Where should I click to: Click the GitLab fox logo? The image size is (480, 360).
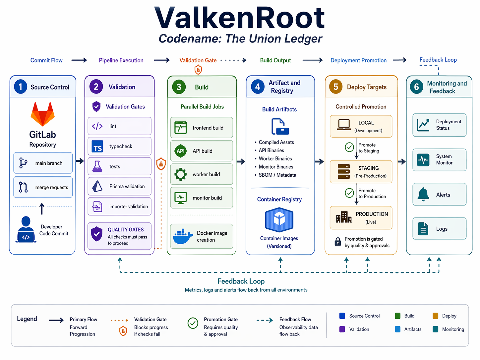pos(42,114)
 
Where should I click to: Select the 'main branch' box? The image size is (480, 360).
pos(43,163)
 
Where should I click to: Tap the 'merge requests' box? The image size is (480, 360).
pos(43,187)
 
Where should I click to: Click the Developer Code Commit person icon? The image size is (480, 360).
pos(26,229)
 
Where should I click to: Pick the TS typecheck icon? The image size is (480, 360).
pos(97,147)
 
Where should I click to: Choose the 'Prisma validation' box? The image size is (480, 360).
pos(119,186)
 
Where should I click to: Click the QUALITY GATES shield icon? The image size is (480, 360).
pos(96,234)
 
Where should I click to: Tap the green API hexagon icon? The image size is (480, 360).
pos(180,151)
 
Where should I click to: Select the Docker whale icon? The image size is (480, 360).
pos(183,236)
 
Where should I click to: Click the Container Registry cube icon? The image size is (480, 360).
pos(279,219)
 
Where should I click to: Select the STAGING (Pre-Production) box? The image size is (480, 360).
pos(361,172)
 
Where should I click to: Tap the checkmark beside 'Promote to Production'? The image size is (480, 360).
pos(349,193)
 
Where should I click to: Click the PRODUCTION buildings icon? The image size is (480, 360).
pos(344,217)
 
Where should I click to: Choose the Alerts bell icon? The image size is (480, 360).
pos(423,194)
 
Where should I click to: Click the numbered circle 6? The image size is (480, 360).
pos(416,87)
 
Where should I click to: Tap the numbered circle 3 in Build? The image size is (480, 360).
pos(179,87)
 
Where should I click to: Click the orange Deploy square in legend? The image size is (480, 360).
pos(435,316)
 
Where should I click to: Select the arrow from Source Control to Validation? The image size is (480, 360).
pos(80,161)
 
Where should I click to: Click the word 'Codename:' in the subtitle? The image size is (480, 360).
pos(190,39)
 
